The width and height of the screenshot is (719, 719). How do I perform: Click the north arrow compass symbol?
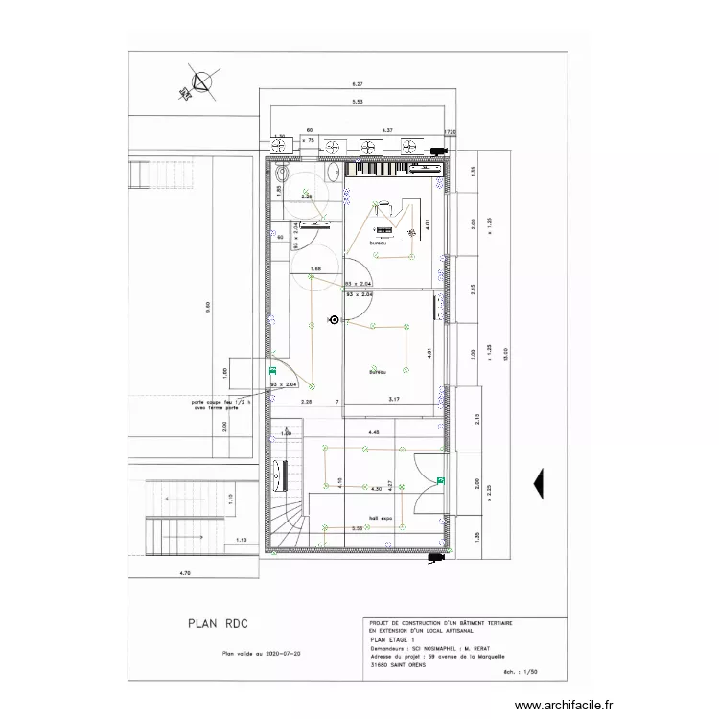[x=200, y=83]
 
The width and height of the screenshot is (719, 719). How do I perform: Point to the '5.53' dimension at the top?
[x=356, y=101]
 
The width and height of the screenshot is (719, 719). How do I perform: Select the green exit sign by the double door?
[x=440, y=480]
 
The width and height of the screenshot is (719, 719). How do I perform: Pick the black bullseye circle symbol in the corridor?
[x=334, y=320]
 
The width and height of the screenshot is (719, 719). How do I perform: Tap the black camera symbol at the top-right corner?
[x=440, y=151]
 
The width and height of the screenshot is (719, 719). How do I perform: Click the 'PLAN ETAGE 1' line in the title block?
[x=392, y=637]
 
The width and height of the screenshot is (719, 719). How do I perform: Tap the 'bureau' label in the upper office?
[x=378, y=243]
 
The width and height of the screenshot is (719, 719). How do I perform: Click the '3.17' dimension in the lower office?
[x=393, y=398]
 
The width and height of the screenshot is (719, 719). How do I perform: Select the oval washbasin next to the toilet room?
[x=332, y=174]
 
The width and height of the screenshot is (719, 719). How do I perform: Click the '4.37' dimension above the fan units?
[x=388, y=128]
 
